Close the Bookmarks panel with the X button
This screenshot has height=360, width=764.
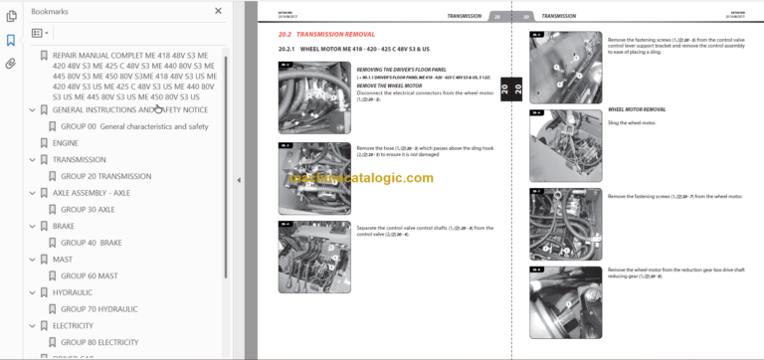click(217, 12)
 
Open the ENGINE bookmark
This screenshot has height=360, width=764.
click(66, 143)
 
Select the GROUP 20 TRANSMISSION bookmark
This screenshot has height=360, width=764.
click(105, 176)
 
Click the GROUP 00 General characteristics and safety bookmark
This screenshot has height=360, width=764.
click(134, 126)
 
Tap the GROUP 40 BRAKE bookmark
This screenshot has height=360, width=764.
click(91, 243)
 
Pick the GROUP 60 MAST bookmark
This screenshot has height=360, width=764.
click(89, 275)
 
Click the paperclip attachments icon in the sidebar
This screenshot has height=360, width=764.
click(10, 63)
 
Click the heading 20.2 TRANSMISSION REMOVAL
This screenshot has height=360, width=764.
click(328, 34)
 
